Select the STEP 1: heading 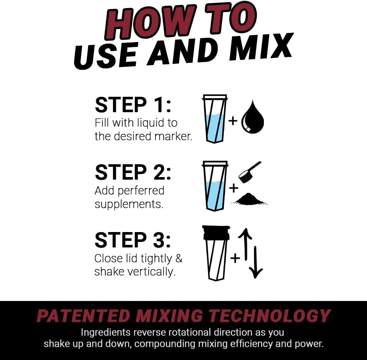(x=133, y=105)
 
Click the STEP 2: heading (x=133, y=172)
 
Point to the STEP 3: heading (x=133, y=240)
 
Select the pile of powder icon (x=249, y=199)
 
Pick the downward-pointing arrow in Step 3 (x=256, y=262)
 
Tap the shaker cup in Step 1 (x=215, y=119)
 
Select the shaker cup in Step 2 (x=215, y=186)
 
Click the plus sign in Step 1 (x=233, y=121)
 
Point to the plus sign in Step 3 (x=235, y=258)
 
